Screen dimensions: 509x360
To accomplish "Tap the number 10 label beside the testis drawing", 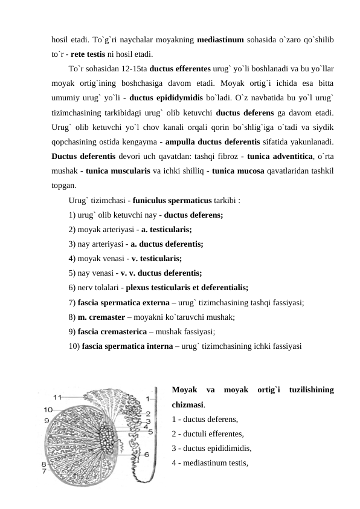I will tap(47, 409).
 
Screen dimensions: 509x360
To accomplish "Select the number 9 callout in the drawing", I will tap(46, 420).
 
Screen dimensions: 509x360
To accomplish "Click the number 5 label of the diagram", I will tap(150, 431).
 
